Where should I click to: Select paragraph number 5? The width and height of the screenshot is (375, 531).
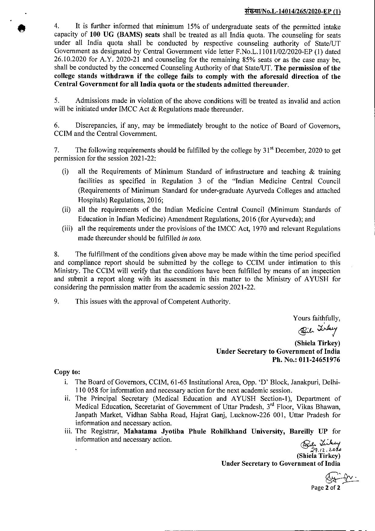[56, 101]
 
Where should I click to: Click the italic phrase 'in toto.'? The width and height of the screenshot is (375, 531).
[191, 238]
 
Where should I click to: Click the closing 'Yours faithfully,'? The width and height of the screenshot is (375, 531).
[317, 318]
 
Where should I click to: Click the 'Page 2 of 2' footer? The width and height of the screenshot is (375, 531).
[326, 488]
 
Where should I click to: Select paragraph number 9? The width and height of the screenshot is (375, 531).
[56, 301]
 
